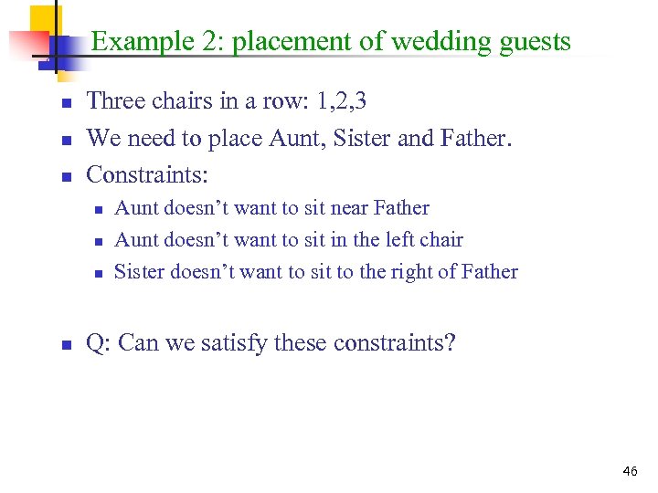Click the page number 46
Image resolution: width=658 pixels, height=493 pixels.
click(630, 471)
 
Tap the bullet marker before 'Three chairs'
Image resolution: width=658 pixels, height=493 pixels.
click(66, 102)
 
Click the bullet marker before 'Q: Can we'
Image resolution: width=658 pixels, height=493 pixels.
click(66, 345)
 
